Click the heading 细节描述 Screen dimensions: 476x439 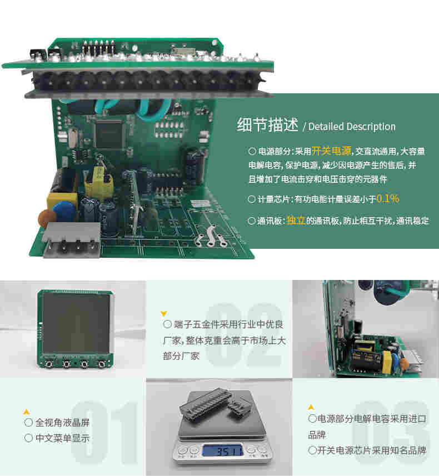tap(268, 126)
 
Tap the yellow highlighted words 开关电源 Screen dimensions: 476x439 tap(331, 151)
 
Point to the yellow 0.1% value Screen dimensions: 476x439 tap(388, 198)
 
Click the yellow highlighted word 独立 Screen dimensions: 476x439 tap(295, 221)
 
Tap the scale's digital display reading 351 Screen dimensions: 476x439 tap(221, 450)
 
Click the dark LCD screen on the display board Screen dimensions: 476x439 tap(76, 323)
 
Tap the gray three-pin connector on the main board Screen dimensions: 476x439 tap(71, 239)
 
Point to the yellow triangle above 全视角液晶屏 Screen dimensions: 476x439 tap(26, 412)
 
